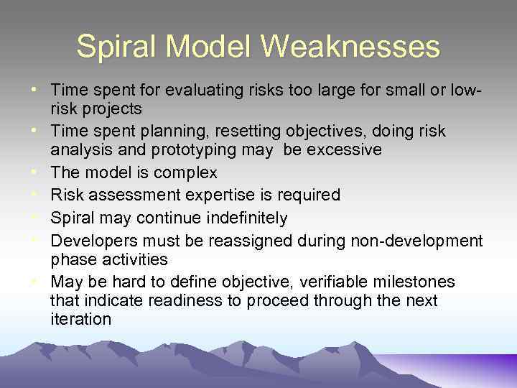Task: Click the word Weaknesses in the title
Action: [350, 47]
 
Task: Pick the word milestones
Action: [414, 281]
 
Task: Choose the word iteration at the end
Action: [80, 320]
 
